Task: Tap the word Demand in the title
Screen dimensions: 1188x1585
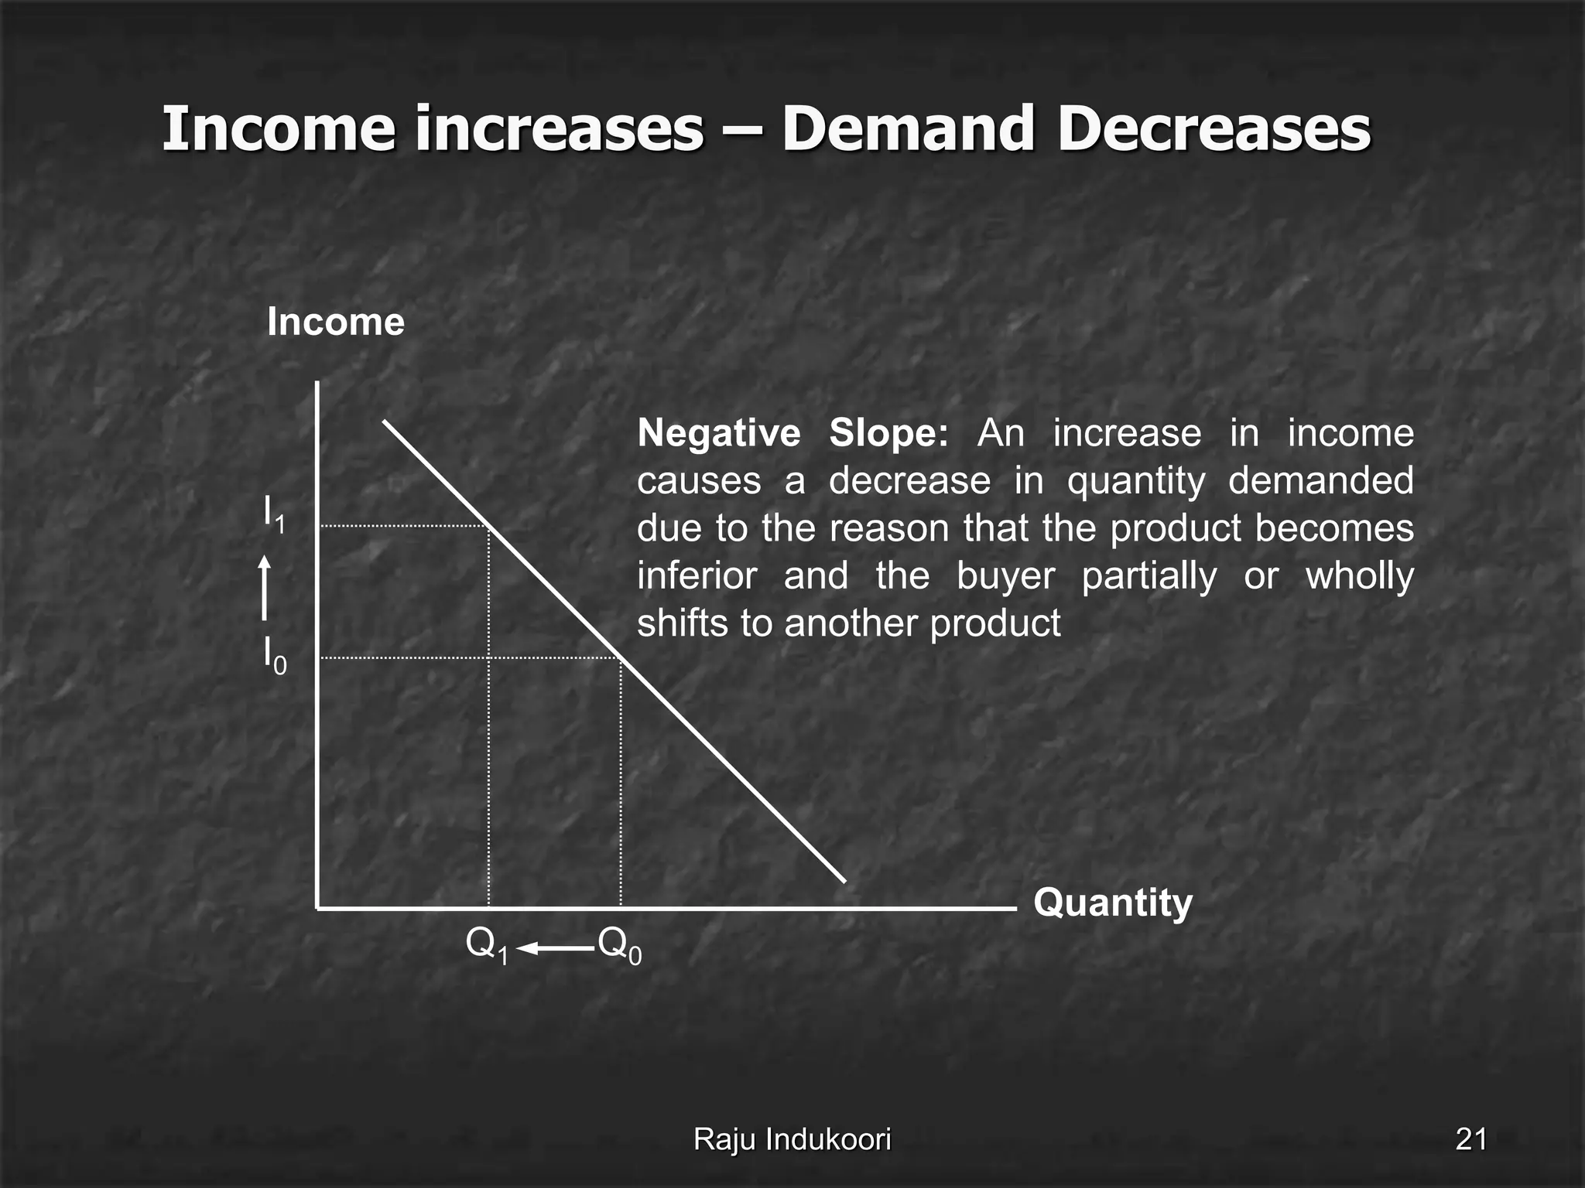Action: click(x=908, y=128)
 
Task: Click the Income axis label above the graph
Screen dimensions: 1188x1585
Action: click(x=335, y=322)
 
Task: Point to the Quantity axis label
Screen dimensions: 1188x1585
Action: click(x=1112, y=903)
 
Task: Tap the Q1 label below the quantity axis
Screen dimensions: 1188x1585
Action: click(x=487, y=945)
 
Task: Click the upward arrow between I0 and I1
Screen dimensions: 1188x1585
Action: click(x=265, y=588)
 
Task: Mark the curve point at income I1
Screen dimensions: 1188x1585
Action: click(x=489, y=526)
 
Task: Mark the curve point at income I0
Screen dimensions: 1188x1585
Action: click(x=621, y=658)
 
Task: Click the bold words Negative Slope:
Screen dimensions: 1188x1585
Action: click(x=792, y=433)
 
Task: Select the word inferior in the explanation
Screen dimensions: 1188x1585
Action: click(x=697, y=576)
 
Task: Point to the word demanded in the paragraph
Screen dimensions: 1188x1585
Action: click(x=1320, y=481)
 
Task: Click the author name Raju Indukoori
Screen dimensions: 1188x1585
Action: click(x=792, y=1139)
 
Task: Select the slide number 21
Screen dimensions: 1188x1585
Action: click(x=1470, y=1139)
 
